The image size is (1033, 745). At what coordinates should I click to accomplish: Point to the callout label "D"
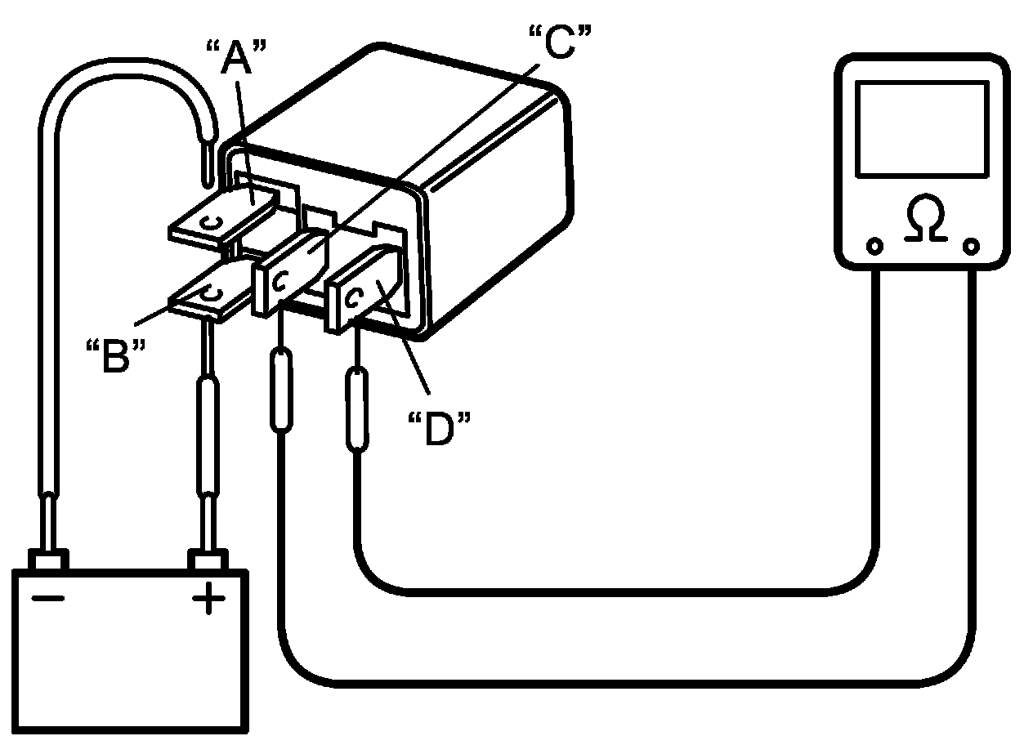point(440,428)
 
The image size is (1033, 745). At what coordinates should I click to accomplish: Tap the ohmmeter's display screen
point(922,127)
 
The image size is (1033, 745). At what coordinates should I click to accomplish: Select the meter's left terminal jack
point(874,245)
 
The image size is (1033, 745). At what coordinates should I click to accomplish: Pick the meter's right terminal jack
point(971,245)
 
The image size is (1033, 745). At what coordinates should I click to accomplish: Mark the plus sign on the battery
point(208,601)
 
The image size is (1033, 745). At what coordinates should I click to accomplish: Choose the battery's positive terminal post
point(208,561)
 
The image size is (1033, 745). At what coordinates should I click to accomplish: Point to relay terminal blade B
point(208,294)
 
